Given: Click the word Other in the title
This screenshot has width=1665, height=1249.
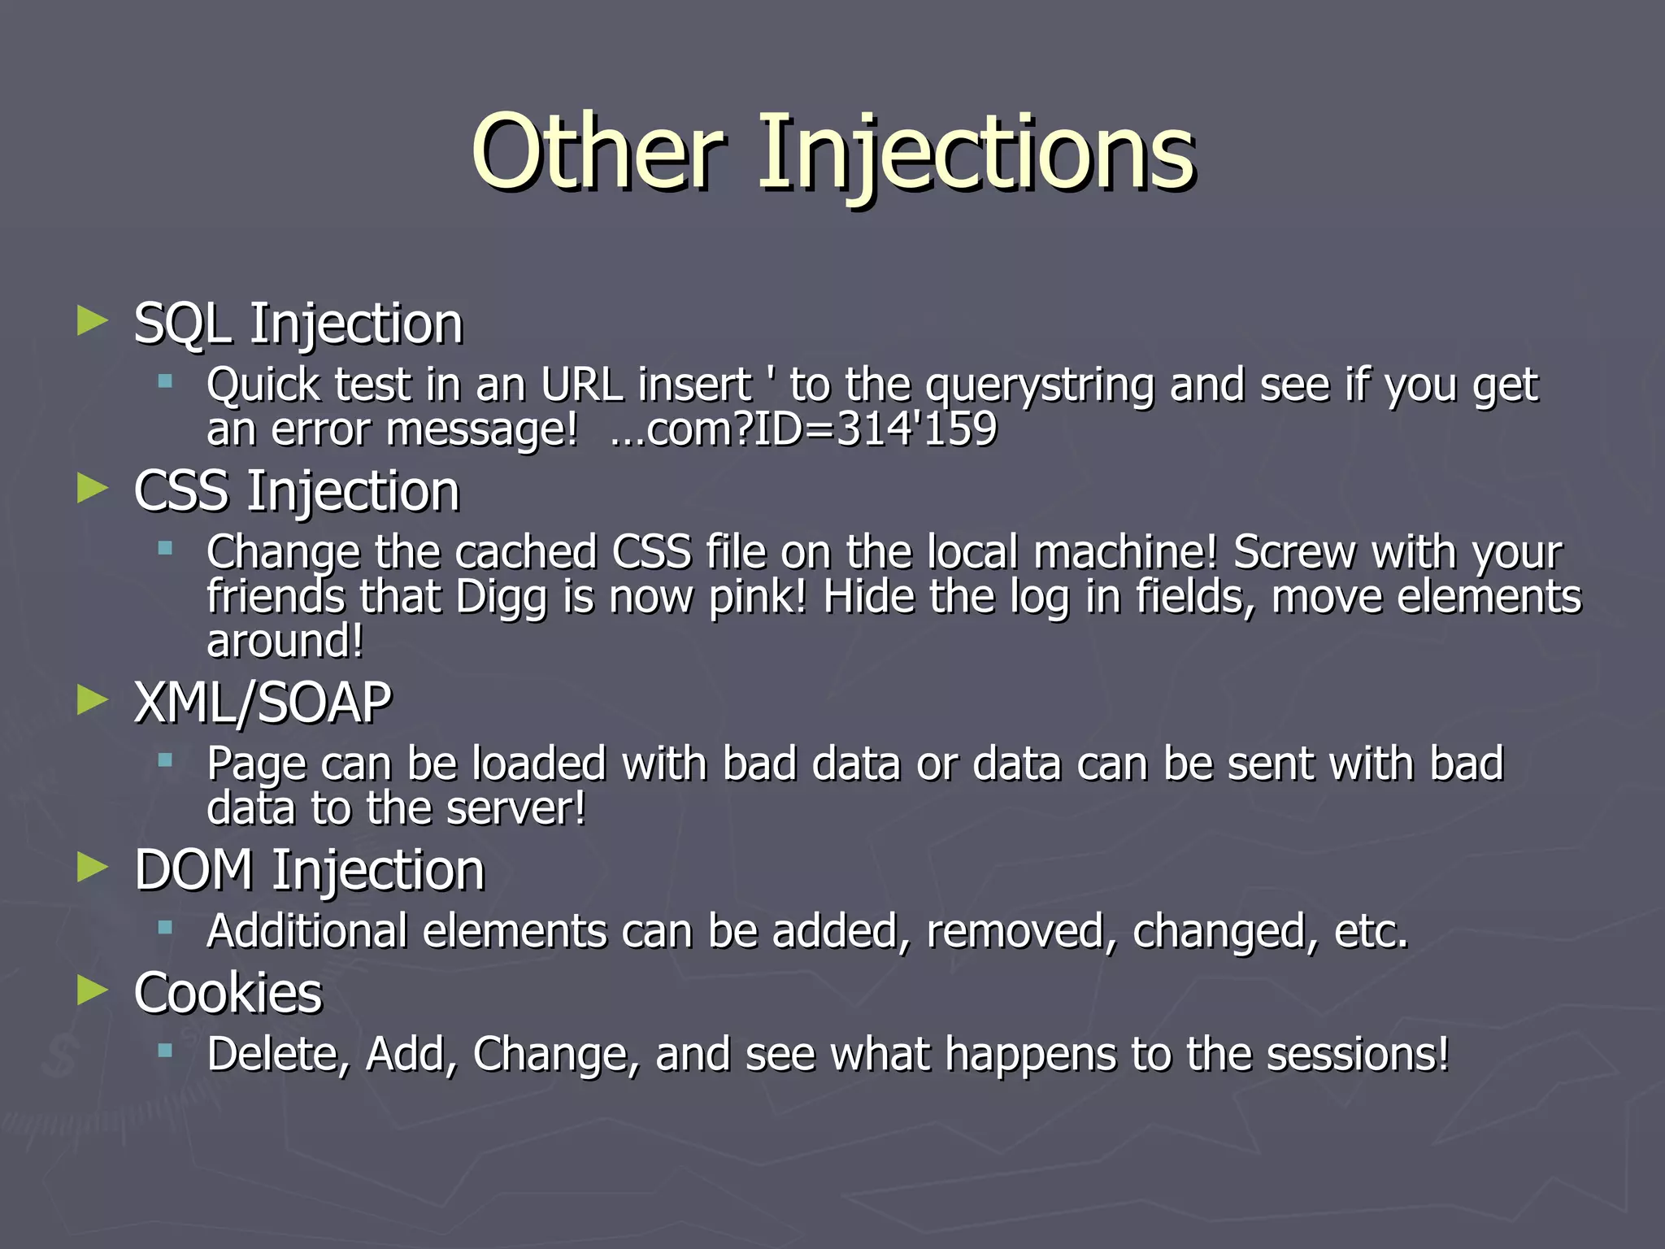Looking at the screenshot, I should pos(598,152).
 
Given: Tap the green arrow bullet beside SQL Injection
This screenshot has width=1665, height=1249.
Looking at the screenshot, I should pos(93,321).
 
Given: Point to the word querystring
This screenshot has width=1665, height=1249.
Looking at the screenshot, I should pos(1040,385).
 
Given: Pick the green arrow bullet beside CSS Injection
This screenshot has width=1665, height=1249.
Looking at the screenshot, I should pos(93,489).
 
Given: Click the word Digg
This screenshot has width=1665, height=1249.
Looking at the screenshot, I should pos(501,598).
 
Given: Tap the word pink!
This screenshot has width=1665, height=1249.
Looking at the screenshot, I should pos(758,598).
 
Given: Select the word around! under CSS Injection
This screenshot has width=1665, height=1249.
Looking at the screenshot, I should pos(285,641).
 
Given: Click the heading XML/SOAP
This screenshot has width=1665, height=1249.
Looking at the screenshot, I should pos(263,703).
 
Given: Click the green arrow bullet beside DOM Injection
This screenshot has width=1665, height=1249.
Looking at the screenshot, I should pos(93,868).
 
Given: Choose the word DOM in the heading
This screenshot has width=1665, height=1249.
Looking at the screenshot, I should pos(193,870).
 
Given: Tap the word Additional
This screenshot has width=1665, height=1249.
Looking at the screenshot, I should pos(306,931).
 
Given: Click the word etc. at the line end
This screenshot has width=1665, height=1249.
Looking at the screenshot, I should pos(1371,931).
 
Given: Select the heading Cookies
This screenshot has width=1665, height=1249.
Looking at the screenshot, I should pos(228,993).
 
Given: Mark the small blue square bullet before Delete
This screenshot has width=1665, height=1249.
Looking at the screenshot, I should pos(166,1050).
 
